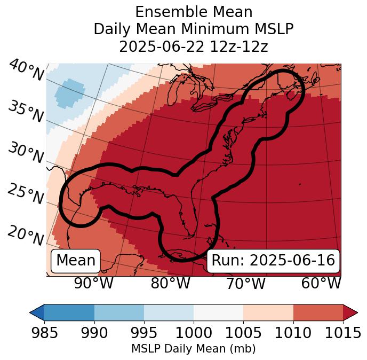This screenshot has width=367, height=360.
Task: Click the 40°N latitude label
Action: pos(26,71)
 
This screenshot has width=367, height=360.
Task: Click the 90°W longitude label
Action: pos(93,283)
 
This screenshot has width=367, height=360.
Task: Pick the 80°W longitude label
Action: pos(170,283)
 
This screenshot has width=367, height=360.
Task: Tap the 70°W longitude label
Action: pos(245,283)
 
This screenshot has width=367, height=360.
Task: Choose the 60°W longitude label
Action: pos(321,283)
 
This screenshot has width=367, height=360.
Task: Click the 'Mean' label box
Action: pos(76,261)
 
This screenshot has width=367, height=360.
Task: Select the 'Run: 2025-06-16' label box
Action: pos(273,261)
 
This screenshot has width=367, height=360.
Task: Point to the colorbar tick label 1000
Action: pos(194,333)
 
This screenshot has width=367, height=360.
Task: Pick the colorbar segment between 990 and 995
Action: pos(119,312)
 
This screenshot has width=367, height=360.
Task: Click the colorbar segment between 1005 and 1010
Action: pos(268,312)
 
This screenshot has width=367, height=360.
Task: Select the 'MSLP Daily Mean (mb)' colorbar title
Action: pos(193,349)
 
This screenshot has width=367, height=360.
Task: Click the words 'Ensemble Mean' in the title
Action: pos(193,12)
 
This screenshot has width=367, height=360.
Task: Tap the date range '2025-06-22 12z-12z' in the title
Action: pos(193,46)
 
